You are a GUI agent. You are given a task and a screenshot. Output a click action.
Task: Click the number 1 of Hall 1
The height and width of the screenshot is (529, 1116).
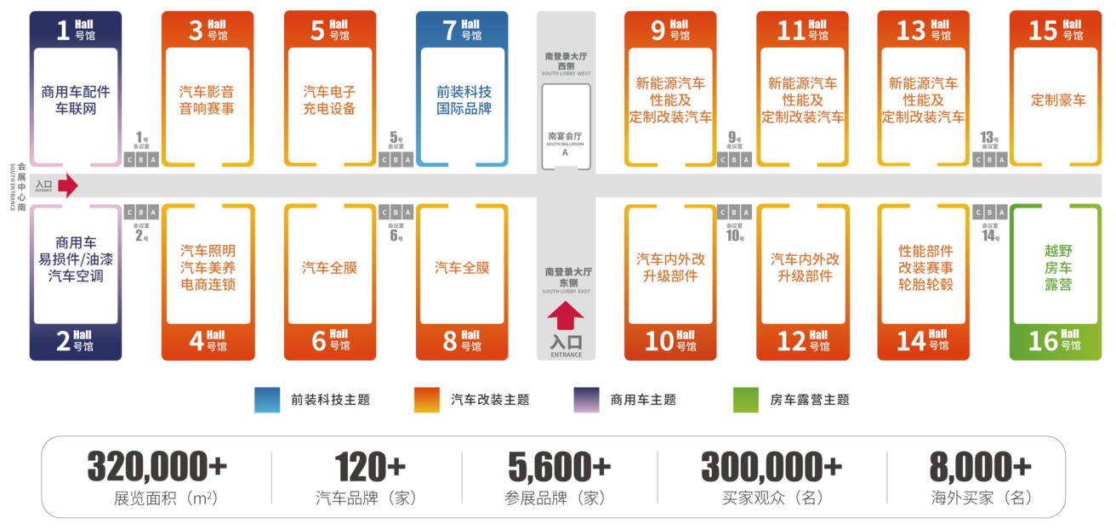(x=62, y=31)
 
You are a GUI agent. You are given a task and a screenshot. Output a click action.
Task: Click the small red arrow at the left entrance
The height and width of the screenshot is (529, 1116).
(x=68, y=185)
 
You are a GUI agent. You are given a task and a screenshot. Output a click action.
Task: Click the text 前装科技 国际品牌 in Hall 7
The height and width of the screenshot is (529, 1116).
(x=464, y=100)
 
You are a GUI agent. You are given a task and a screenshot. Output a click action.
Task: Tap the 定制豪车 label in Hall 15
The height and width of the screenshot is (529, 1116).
(x=1058, y=100)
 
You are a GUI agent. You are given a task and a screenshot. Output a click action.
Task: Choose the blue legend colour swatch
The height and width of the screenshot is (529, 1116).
(x=266, y=400)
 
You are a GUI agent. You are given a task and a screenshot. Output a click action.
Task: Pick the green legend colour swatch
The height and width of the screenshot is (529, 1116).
(x=745, y=400)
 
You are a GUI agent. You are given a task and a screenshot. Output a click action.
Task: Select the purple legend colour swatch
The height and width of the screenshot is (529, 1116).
(x=586, y=400)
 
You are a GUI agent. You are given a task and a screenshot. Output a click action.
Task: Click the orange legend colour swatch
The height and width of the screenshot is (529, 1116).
(x=426, y=400)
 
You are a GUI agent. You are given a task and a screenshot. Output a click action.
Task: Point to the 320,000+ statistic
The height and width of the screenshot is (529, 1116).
(x=157, y=466)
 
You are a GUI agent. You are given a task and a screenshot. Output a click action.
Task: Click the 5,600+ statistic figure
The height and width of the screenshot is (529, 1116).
(x=560, y=466)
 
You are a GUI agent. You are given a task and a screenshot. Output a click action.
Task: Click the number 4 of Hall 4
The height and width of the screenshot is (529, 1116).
(x=196, y=341)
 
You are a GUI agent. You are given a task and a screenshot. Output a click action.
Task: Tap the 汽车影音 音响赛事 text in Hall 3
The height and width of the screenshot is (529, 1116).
(x=206, y=100)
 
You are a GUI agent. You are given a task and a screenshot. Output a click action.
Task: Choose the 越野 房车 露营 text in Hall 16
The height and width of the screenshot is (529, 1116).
(x=1058, y=268)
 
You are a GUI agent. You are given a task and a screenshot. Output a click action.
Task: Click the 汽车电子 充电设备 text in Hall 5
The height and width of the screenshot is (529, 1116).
(x=329, y=100)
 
